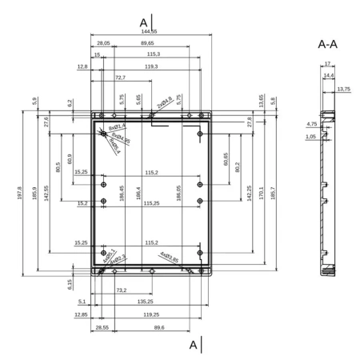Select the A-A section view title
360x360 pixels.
point(327,44)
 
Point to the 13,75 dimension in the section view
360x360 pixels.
point(345,89)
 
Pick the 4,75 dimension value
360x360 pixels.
point(312,124)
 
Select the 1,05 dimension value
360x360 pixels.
point(312,137)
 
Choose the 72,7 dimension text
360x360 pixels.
point(119,78)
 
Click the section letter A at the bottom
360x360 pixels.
point(193,345)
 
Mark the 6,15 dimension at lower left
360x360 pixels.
point(70,283)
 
